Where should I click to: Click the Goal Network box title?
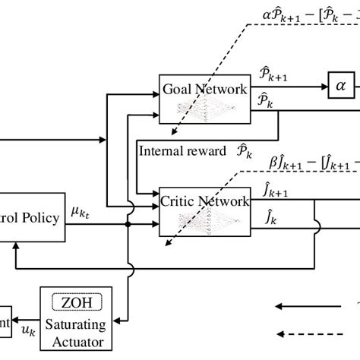(204, 88)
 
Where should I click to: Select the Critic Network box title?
(204, 201)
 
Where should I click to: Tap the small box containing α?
(339, 89)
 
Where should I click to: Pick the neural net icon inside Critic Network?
(204, 221)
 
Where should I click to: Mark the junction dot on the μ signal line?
(128, 225)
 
